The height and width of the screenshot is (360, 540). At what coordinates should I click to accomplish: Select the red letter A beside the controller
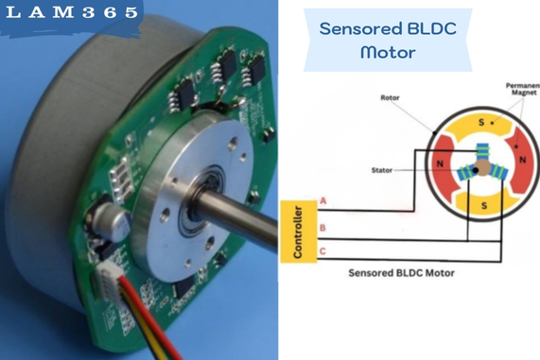[324, 201]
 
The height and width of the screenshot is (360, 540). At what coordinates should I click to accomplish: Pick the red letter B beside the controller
[324, 228]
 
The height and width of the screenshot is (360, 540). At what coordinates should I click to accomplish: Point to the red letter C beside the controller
[324, 251]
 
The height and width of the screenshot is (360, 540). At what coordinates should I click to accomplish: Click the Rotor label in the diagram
[390, 97]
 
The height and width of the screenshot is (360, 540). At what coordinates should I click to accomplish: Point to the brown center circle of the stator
[482, 166]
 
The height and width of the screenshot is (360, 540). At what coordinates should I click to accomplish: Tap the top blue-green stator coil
[481, 150]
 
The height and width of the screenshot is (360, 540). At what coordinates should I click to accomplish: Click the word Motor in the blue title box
[387, 52]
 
